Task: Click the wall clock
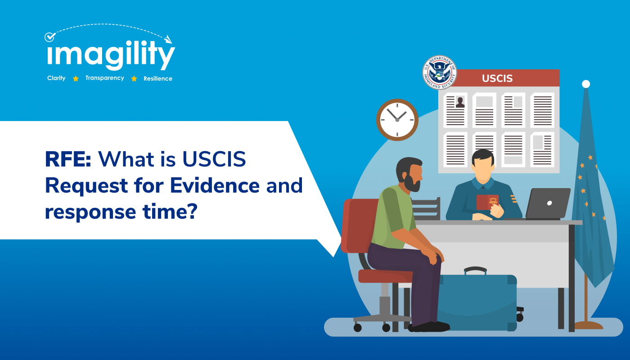pyautogui.click(x=397, y=120)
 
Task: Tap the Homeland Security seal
pyautogui.click(x=439, y=72)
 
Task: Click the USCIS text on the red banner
pyautogui.click(x=497, y=78)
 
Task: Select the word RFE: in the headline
pyautogui.click(x=68, y=159)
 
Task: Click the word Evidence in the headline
pyautogui.click(x=215, y=185)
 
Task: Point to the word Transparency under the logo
pyautogui.click(x=104, y=78)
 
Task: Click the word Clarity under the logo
pyautogui.click(x=56, y=78)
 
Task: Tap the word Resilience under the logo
pyautogui.click(x=158, y=78)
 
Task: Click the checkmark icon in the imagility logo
pyautogui.click(x=50, y=37)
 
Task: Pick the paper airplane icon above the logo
pyautogui.click(x=168, y=39)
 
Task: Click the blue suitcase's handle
pyautogui.click(x=475, y=270)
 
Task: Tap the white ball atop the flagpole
pyautogui.click(x=586, y=84)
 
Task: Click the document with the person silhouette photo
pyautogui.click(x=455, y=110)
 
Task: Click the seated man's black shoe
pyautogui.click(x=429, y=327)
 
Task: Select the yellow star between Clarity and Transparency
pyautogui.click(x=76, y=79)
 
